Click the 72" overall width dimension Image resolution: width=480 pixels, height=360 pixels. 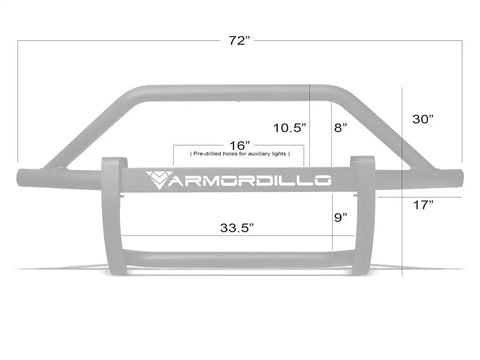tap(239, 40)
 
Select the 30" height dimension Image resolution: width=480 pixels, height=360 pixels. tap(422, 118)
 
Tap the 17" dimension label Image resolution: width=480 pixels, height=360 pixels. tap(422, 205)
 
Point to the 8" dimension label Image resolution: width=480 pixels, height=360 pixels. tap(340, 128)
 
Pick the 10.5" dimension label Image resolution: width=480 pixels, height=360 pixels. tap(290, 128)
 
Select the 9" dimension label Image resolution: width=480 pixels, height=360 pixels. tap(341, 216)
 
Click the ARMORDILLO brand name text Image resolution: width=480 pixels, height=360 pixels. tap(254, 179)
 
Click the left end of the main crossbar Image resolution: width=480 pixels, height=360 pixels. tap(24, 179)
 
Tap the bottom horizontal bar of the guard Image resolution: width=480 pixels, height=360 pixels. tap(238, 258)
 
